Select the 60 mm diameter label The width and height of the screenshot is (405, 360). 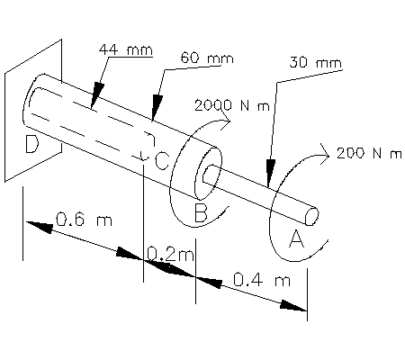click(206, 58)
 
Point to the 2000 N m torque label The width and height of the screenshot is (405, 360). click(232, 104)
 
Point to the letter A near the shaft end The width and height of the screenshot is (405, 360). click(296, 238)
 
